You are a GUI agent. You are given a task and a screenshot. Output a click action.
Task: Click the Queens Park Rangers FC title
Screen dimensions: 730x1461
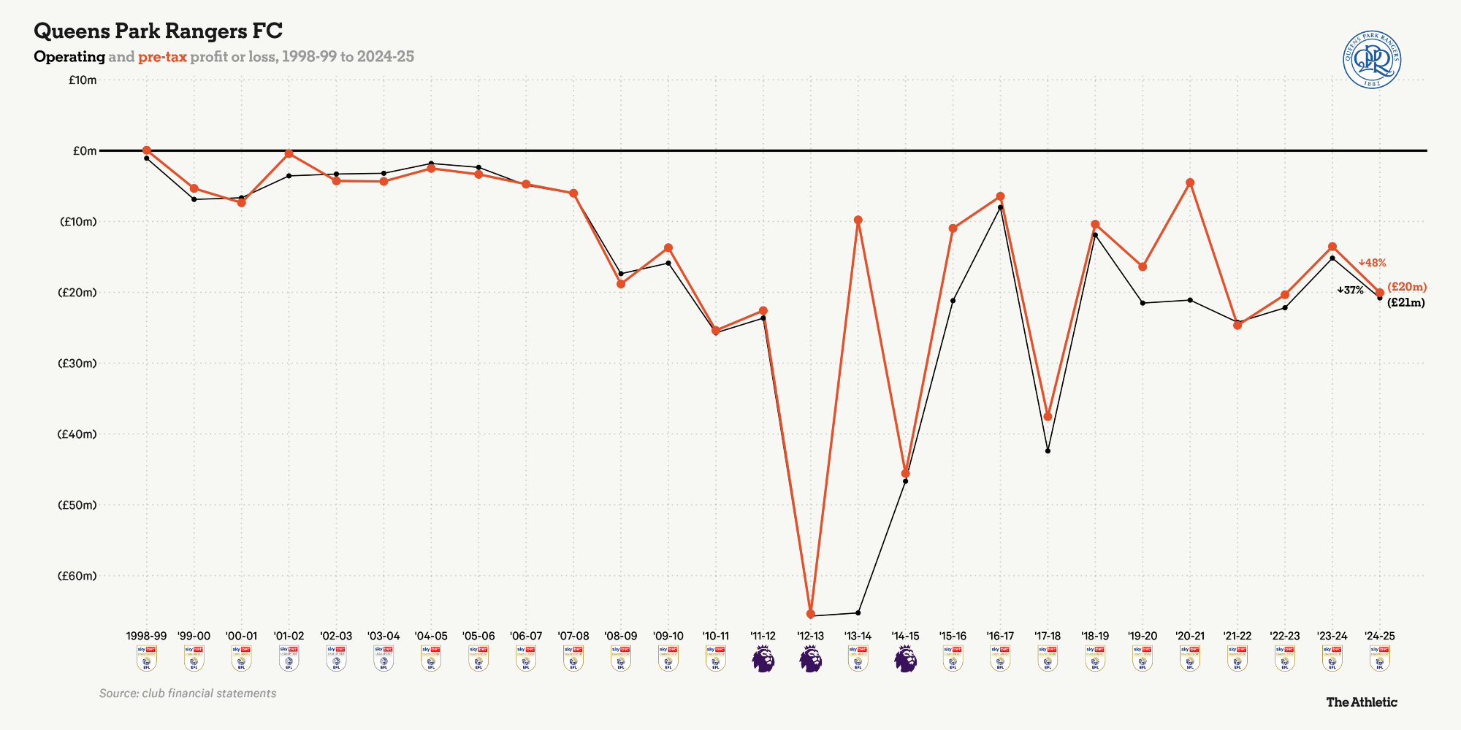click(158, 31)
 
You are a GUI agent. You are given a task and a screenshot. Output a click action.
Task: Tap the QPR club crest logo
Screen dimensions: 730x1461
click(1372, 60)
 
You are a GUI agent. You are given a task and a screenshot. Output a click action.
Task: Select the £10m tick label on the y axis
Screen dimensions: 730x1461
click(83, 80)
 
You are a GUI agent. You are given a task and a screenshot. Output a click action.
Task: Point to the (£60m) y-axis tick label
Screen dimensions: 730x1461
click(77, 576)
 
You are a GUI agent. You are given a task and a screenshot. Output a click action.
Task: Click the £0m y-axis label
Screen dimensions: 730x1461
click(85, 150)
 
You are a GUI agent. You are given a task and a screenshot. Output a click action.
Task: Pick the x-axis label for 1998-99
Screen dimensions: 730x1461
click(146, 637)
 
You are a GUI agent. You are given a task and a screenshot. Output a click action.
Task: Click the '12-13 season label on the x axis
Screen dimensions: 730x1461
click(810, 637)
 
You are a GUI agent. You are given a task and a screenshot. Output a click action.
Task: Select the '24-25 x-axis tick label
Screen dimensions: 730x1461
click(1379, 637)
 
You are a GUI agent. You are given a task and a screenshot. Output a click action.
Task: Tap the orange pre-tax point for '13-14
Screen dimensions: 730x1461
click(858, 220)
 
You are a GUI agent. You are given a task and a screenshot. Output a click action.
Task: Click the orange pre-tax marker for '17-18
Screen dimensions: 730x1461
click(1048, 416)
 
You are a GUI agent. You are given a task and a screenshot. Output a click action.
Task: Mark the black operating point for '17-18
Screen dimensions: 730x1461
click(1048, 451)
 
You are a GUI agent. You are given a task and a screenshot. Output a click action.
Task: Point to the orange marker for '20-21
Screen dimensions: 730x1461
click(1190, 182)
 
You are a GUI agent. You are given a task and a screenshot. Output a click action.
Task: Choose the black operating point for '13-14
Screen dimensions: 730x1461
click(858, 612)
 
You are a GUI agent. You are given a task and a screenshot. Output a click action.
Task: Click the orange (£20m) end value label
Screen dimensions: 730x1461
click(1407, 287)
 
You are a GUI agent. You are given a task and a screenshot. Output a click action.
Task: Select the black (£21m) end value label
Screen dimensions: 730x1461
click(1405, 302)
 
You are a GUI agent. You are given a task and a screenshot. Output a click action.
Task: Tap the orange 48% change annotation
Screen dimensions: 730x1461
click(1372, 263)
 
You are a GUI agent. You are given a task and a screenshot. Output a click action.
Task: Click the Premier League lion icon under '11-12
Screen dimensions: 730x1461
click(763, 658)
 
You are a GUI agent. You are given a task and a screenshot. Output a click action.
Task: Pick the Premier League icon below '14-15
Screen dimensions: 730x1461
click(905, 658)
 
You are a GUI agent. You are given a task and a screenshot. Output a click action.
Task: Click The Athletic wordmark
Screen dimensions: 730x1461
click(1361, 702)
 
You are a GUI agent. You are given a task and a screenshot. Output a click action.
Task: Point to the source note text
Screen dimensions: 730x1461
click(188, 693)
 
